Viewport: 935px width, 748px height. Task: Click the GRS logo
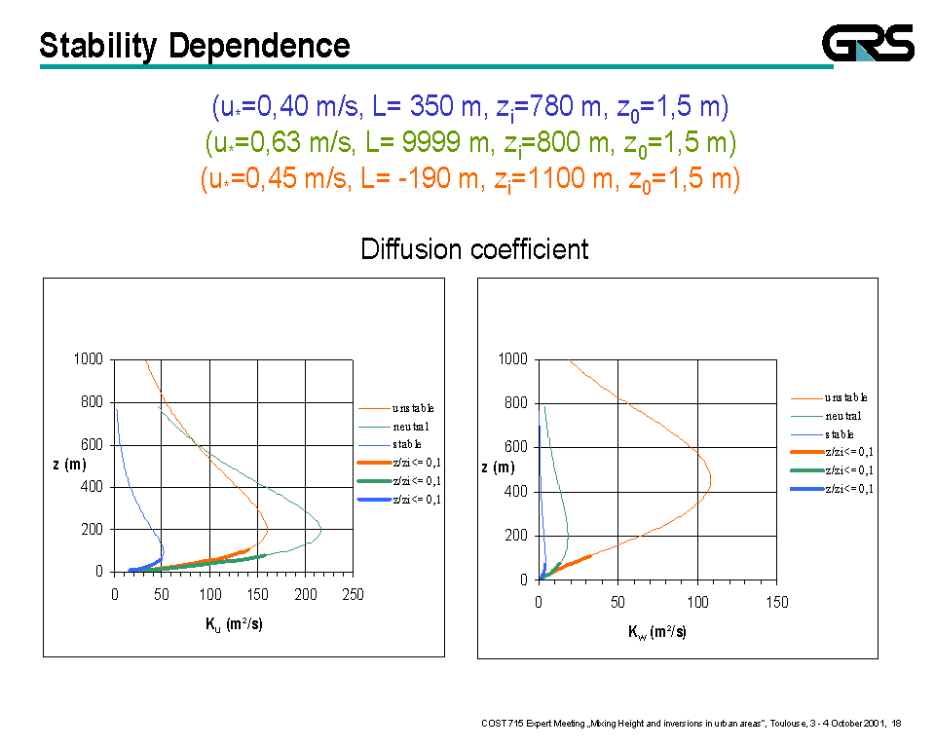(868, 43)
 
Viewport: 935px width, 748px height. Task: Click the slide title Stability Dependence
(195, 45)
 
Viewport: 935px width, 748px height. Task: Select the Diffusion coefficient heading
(474, 249)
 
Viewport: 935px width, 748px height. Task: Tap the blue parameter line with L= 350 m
(470, 106)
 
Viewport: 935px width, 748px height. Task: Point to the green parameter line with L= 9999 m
(470, 143)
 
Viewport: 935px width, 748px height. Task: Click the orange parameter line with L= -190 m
(470, 179)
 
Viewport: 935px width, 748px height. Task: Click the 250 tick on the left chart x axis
(353, 594)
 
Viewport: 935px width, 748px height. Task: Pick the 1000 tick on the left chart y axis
(89, 359)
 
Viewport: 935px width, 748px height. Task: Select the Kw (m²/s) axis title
(657, 632)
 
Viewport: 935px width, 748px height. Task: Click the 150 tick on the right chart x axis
(776, 602)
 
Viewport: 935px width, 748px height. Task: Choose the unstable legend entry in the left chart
(413, 408)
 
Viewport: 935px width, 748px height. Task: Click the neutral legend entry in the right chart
(844, 416)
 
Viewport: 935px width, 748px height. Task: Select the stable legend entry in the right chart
(839, 434)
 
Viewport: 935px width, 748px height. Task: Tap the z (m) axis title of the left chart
(69, 465)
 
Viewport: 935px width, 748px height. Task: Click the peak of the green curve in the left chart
(320, 529)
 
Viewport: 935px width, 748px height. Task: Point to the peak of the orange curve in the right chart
(710, 479)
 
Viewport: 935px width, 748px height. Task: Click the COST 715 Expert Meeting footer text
(691, 723)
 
